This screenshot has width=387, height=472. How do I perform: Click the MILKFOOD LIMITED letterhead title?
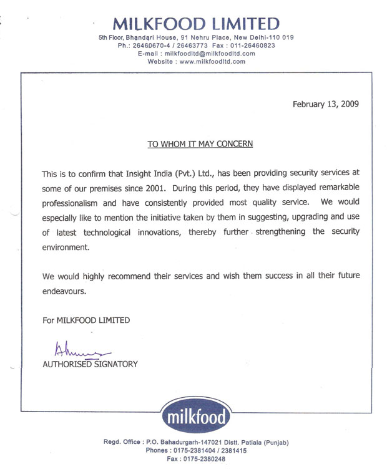(196, 24)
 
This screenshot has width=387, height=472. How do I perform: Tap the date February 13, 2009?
(325, 104)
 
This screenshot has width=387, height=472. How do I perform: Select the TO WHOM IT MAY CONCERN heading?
(200, 143)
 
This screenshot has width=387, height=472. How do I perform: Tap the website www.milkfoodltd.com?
(212, 62)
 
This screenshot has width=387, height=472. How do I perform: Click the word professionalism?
(83, 203)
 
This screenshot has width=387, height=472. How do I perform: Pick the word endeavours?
(63, 291)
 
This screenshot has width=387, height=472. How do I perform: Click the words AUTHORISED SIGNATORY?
(89, 364)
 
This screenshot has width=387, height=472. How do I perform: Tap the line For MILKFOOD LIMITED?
(86, 320)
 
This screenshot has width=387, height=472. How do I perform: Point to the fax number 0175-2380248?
(205, 459)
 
